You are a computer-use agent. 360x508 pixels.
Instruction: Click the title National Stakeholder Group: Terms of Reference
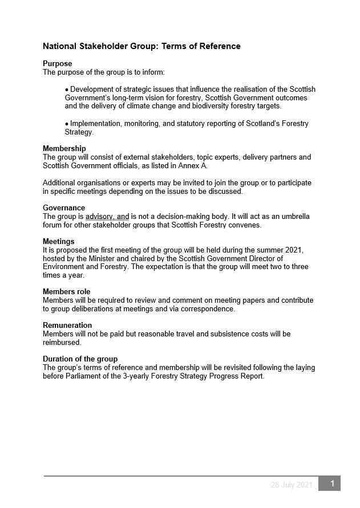(x=141, y=46)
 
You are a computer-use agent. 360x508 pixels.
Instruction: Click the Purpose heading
(x=57, y=64)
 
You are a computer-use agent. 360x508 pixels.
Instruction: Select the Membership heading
(x=64, y=149)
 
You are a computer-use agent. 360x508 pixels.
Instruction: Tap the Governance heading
(x=64, y=208)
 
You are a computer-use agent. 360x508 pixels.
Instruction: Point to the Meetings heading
(x=59, y=242)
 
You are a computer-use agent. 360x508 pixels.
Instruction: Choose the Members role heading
(x=66, y=292)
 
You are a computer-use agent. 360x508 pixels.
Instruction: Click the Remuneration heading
(x=67, y=326)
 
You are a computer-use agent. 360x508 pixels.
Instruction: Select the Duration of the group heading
(x=80, y=359)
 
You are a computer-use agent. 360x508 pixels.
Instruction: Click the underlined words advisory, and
(x=107, y=217)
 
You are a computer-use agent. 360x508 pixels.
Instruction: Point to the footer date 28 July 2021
(x=292, y=485)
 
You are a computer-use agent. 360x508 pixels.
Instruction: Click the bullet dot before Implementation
(x=67, y=124)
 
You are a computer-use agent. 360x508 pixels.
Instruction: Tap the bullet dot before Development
(x=67, y=90)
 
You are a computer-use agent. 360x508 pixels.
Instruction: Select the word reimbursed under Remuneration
(x=62, y=343)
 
